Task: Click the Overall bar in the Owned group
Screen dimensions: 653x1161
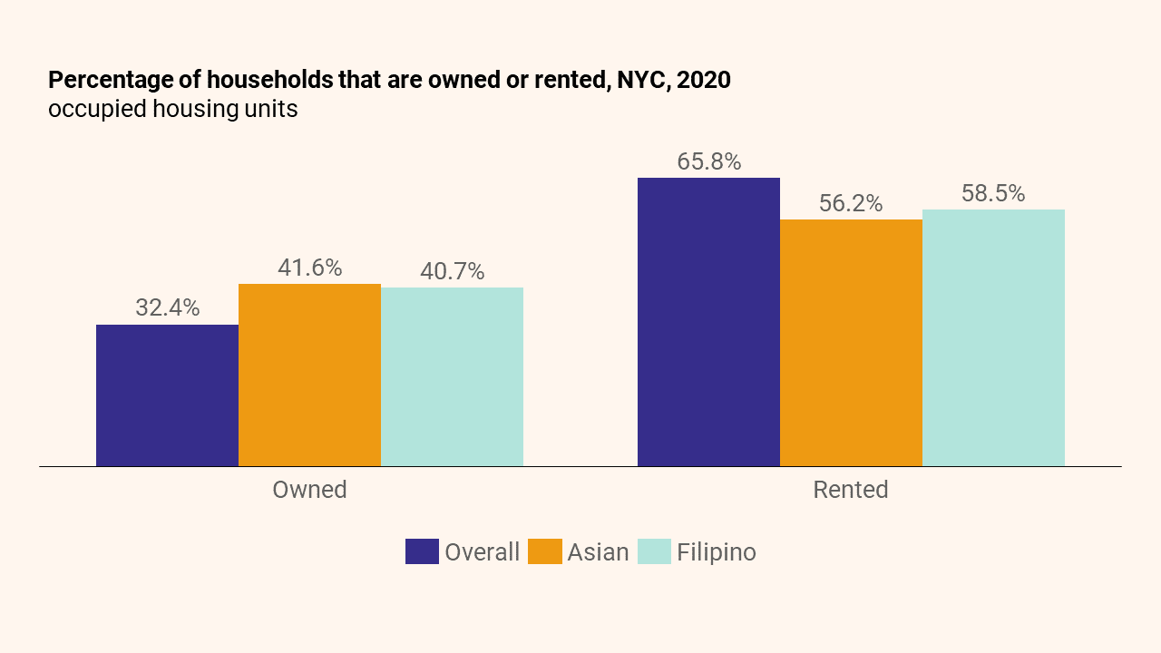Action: tap(167, 395)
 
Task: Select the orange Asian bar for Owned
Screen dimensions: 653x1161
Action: tap(309, 375)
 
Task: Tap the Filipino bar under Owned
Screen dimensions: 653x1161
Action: tap(452, 377)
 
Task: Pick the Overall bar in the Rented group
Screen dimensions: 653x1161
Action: tap(708, 322)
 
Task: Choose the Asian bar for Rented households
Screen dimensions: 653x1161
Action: tap(851, 343)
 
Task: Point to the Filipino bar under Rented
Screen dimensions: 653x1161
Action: tap(993, 338)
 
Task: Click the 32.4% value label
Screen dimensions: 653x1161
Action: tap(167, 307)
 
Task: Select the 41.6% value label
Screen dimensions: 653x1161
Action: tap(309, 268)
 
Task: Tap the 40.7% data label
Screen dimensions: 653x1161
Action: tap(452, 271)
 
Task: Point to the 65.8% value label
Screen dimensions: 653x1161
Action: tap(708, 161)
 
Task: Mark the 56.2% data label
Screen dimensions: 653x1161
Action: tap(851, 203)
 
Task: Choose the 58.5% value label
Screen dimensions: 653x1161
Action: tap(993, 193)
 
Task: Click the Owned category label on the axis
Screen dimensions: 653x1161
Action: tap(309, 490)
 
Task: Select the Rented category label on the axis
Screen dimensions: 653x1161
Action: tap(851, 490)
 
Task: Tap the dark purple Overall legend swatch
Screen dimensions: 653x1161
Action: tap(422, 551)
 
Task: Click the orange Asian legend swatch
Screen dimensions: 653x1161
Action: tap(544, 551)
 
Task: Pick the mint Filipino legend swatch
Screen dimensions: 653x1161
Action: tap(654, 551)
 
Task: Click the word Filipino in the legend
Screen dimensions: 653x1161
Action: tap(716, 551)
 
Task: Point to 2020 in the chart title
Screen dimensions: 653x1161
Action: tap(703, 80)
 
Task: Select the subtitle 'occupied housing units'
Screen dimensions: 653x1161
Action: tap(172, 109)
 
